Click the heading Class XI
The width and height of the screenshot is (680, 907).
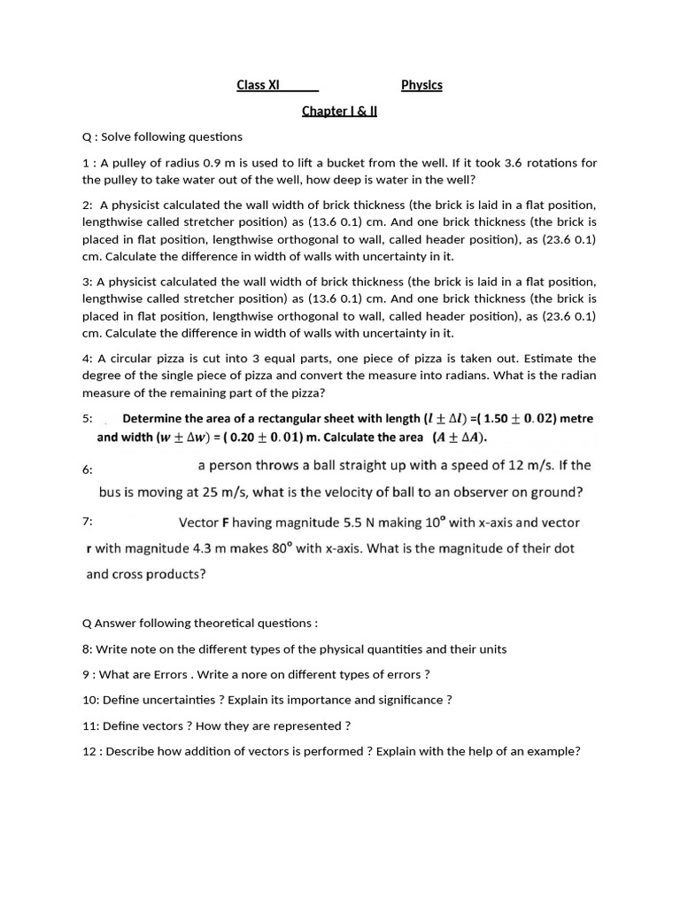(x=258, y=85)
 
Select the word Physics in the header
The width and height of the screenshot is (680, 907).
(x=421, y=85)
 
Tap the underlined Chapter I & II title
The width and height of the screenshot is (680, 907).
(x=339, y=112)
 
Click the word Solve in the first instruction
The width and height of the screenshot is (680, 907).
(x=118, y=137)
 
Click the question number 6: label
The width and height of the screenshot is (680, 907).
(x=87, y=470)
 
